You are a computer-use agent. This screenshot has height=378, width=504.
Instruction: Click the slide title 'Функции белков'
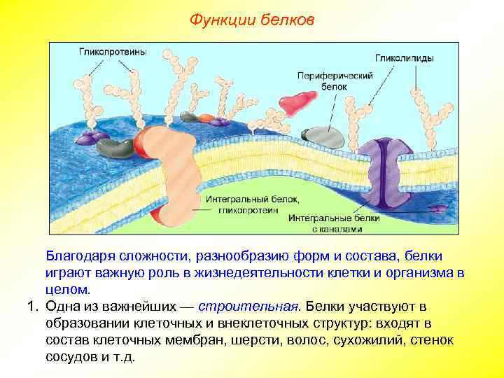click(252, 20)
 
